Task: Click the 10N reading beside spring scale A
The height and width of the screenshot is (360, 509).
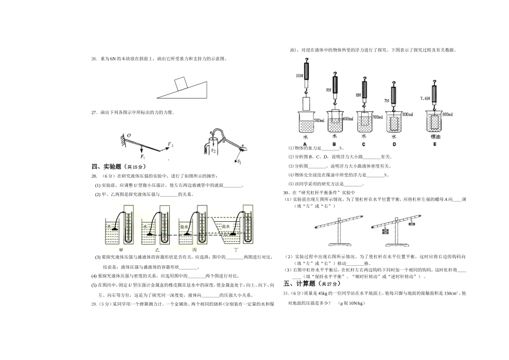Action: click(x=299, y=76)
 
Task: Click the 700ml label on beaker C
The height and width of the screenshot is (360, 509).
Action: click(x=377, y=117)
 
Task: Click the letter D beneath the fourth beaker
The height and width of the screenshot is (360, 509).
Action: click(x=394, y=144)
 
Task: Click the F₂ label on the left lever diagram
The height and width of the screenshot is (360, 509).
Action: click(x=170, y=145)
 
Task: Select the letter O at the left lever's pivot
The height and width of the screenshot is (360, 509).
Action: click(x=128, y=136)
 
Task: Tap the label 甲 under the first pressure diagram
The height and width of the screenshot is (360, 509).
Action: click(x=121, y=250)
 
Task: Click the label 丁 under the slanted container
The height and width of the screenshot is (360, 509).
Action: click(x=236, y=250)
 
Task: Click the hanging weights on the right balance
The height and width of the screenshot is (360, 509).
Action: click(x=385, y=231)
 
